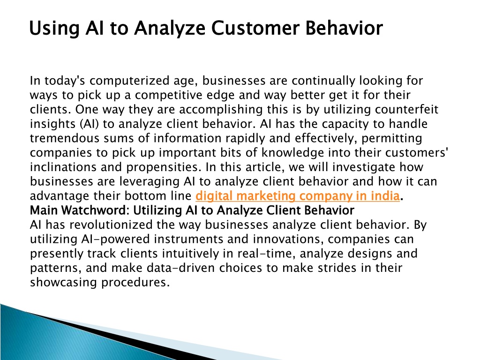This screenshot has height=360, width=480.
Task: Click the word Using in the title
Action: (x=54, y=29)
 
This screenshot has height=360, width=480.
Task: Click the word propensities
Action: (x=164, y=168)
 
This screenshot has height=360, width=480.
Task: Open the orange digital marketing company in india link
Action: (x=298, y=196)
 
